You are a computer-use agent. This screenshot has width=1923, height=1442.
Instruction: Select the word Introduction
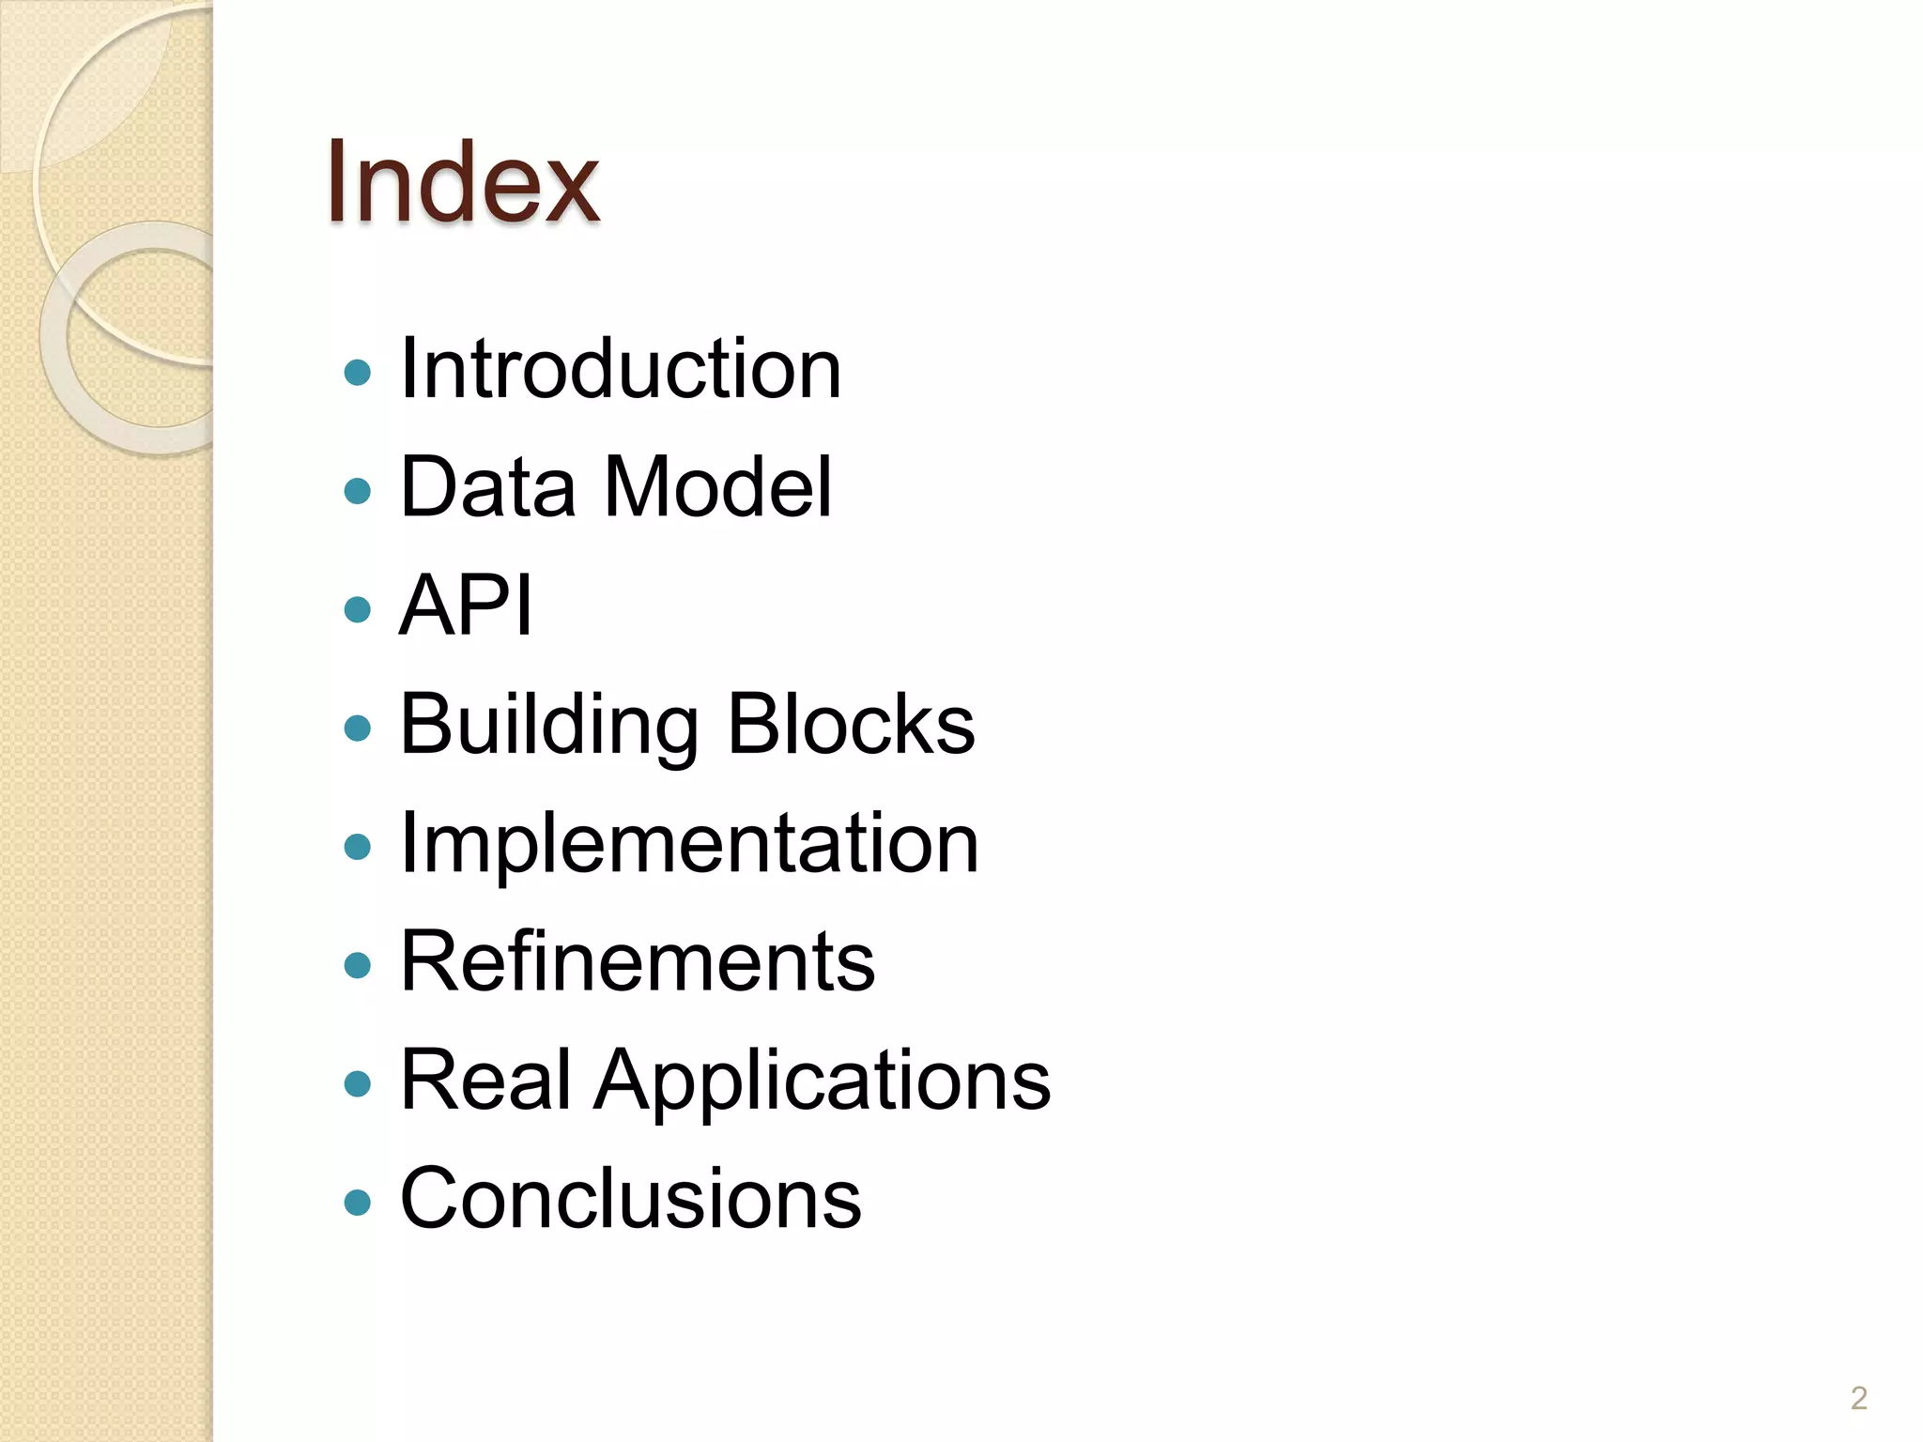pos(620,369)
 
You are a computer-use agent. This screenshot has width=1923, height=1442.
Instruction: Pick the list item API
pos(466,606)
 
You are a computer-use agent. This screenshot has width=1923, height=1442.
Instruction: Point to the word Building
pos(549,725)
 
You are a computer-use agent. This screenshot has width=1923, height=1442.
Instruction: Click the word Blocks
pos(851,725)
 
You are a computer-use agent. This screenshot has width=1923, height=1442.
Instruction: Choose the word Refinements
pos(638,961)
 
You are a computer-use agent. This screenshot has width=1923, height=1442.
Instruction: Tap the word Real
pos(485,1080)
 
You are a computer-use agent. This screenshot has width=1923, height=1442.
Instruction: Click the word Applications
pos(822,1081)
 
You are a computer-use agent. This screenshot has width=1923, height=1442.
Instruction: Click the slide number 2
pos(1858,1399)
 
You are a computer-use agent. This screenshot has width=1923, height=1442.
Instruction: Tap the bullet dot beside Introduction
pos(358,373)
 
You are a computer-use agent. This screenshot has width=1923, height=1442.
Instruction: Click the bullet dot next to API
pos(358,610)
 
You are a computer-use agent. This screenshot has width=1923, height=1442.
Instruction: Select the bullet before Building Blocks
pos(358,729)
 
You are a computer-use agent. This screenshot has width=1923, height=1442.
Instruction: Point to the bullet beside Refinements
pos(358,966)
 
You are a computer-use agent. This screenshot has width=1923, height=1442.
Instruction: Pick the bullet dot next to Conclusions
pos(358,1203)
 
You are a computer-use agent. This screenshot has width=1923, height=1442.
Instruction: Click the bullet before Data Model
pos(358,491)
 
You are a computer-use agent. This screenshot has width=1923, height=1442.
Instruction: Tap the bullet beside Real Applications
pos(358,1084)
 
